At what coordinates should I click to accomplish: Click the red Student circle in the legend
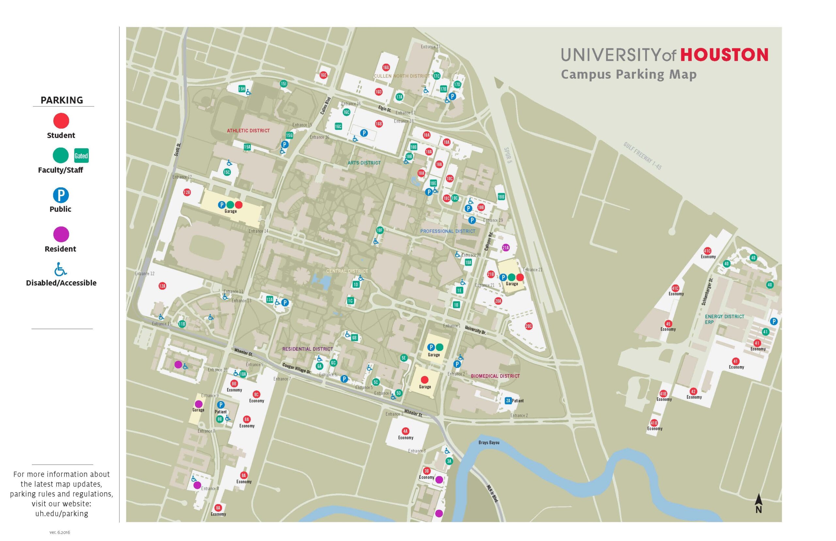[x=61, y=121]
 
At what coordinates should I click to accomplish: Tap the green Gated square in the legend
[x=81, y=156]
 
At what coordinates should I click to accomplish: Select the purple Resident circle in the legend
[x=61, y=234]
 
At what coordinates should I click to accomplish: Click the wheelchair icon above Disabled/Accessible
[x=60, y=270]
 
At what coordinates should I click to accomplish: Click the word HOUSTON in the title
[x=724, y=55]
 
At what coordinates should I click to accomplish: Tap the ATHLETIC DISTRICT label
[x=248, y=131]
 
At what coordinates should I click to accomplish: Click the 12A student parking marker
[x=162, y=286]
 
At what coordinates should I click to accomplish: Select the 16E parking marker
[x=323, y=75]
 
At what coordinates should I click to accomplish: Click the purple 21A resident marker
[x=505, y=248]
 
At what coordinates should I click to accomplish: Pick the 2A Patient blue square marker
[x=508, y=401]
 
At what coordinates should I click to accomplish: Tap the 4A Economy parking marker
[x=405, y=431]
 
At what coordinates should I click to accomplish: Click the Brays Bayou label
[x=489, y=443]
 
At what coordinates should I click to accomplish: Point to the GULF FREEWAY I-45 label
[x=642, y=156]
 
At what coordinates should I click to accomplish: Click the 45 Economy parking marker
[x=668, y=323]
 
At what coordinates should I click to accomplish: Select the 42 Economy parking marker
[x=693, y=391]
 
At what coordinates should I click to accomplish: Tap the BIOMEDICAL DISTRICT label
[x=495, y=376]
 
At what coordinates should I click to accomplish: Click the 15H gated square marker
[x=242, y=89]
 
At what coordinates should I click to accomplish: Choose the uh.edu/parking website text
[x=61, y=514]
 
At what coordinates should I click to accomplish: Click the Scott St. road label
[x=178, y=150]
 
